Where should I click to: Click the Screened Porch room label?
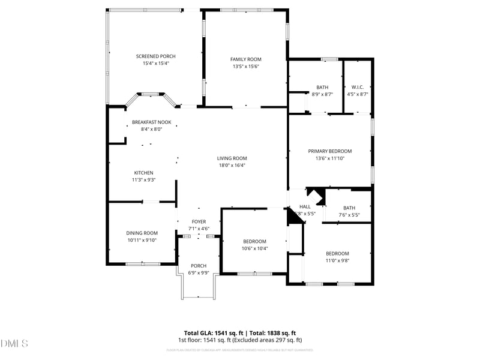pyautogui.click(x=155, y=56)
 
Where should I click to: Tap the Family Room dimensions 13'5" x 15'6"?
pyautogui.click(x=246, y=67)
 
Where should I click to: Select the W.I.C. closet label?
pyautogui.click(x=358, y=87)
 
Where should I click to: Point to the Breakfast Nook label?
pyautogui.click(x=152, y=122)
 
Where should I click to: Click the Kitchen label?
pyautogui.click(x=143, y=173)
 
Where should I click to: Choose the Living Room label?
pyautogui.click(x=231, y=158)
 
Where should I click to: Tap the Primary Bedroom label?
pyautogui.click(x=330, y=151)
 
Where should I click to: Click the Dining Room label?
pyautogui.click(x=142, y=233)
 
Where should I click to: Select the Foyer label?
pyautogui.click(x=199, y=221)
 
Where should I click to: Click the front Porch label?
pyautogui.click(x=199, y=266)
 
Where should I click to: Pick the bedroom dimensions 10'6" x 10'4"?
pyautogui.click(x=254, y=248)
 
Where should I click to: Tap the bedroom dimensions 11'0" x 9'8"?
pyautogui.click(x=337, y=260)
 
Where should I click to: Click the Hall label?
pyautogui.click(x=305, y=206)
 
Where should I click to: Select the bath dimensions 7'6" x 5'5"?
pyautogui.click(x=349, y=215)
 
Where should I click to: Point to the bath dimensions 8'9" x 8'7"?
pyautogui.click(x=322, y=94)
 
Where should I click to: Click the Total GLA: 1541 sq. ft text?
pyautogui.click(x=213, y=333)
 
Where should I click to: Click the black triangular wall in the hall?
pyautogui.click(x=316, y=194)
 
